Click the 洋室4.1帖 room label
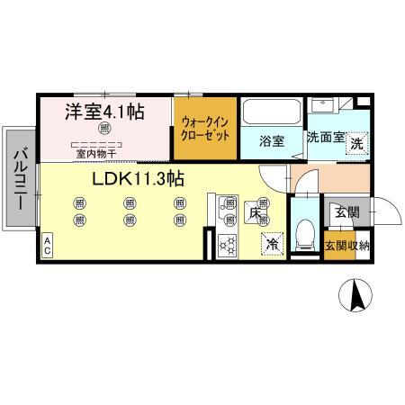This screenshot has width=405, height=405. click(105, 112)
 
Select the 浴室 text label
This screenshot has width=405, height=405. click(272, 141)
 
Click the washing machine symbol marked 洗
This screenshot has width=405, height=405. click(357, 141)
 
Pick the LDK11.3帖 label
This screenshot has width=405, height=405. click(138, 178)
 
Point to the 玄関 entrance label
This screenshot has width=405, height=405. click(346, 213)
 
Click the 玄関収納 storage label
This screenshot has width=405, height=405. click(346, 246)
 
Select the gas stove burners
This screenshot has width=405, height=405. click(225, 241)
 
